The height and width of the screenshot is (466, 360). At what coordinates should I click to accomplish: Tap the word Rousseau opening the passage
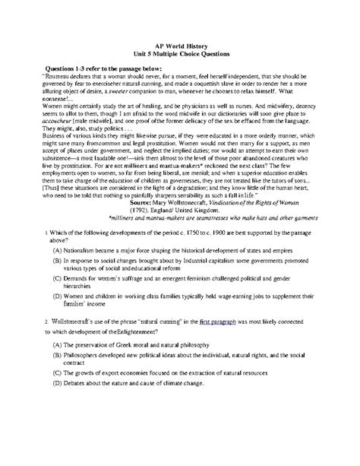point(59,76)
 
